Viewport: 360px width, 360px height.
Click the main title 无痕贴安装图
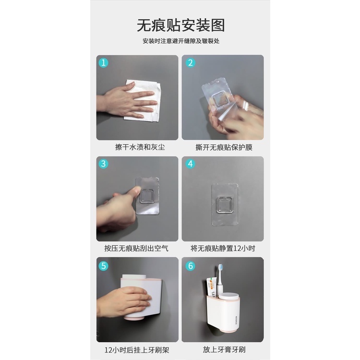click(x=180, y=25)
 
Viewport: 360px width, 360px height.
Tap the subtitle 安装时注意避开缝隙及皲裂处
click(x=181, y=41)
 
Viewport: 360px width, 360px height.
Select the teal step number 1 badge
click(x=103, y=63)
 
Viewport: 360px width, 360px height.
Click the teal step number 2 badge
click(x=191, y=63)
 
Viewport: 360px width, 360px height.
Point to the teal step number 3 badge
click(x=103, y=164)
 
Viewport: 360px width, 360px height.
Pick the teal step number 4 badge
click(x=191, y=164)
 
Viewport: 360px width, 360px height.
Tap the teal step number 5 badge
click(x=103, y=265)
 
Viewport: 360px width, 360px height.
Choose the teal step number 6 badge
click(x=191, y=265)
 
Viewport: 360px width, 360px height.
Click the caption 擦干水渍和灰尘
click(x=140, y=147)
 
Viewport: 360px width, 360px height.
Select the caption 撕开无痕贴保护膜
click(x=224, y=147)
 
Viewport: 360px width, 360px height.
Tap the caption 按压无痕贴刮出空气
click(x=136, y=248)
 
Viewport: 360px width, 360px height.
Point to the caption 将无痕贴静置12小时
click(x=223, y=248)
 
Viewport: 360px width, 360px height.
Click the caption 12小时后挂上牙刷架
click(x=137, y=350)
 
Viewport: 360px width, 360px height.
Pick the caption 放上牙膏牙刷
click(x=224, y=349)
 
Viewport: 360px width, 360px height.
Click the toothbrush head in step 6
click(x=221, y=268)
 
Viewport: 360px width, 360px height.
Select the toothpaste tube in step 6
click(x=212, y=287)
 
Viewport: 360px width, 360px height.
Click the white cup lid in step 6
click(x=228, y=297)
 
